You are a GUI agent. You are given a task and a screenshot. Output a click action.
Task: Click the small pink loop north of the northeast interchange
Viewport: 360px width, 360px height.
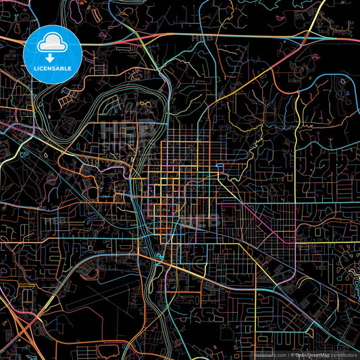pos(317,10)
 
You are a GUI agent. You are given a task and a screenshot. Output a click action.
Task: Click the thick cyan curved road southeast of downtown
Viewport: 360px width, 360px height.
pos(270,297)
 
